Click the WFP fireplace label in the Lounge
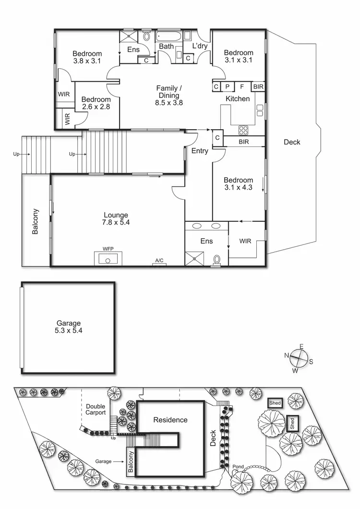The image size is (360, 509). (x=108, y=249)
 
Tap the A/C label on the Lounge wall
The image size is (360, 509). (x=159, y=260)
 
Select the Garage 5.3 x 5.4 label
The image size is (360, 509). (x=68, y=327)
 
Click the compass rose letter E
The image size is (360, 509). (x=301, y=346)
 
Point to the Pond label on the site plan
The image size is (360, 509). (x=238, y=467)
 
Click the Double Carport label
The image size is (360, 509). (x=96, y=410)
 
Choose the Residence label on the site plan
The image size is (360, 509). (x=170, y=420)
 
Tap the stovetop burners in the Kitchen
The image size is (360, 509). (x=243, y=130)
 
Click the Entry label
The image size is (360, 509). (x=200, y=151)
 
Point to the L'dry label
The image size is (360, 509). (x=199, y=46)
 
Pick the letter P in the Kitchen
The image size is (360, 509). (x=227, y=87)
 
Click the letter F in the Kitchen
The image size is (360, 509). (x=242, y=87)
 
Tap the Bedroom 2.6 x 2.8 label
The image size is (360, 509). (x=96, y=103)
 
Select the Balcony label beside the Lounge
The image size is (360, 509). (x=35, y=221)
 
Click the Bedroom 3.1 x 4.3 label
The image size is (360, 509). (x=238, y=184)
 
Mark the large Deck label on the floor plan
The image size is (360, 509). (x=292, y=142)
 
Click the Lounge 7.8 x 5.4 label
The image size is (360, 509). (x=116, y=219)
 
